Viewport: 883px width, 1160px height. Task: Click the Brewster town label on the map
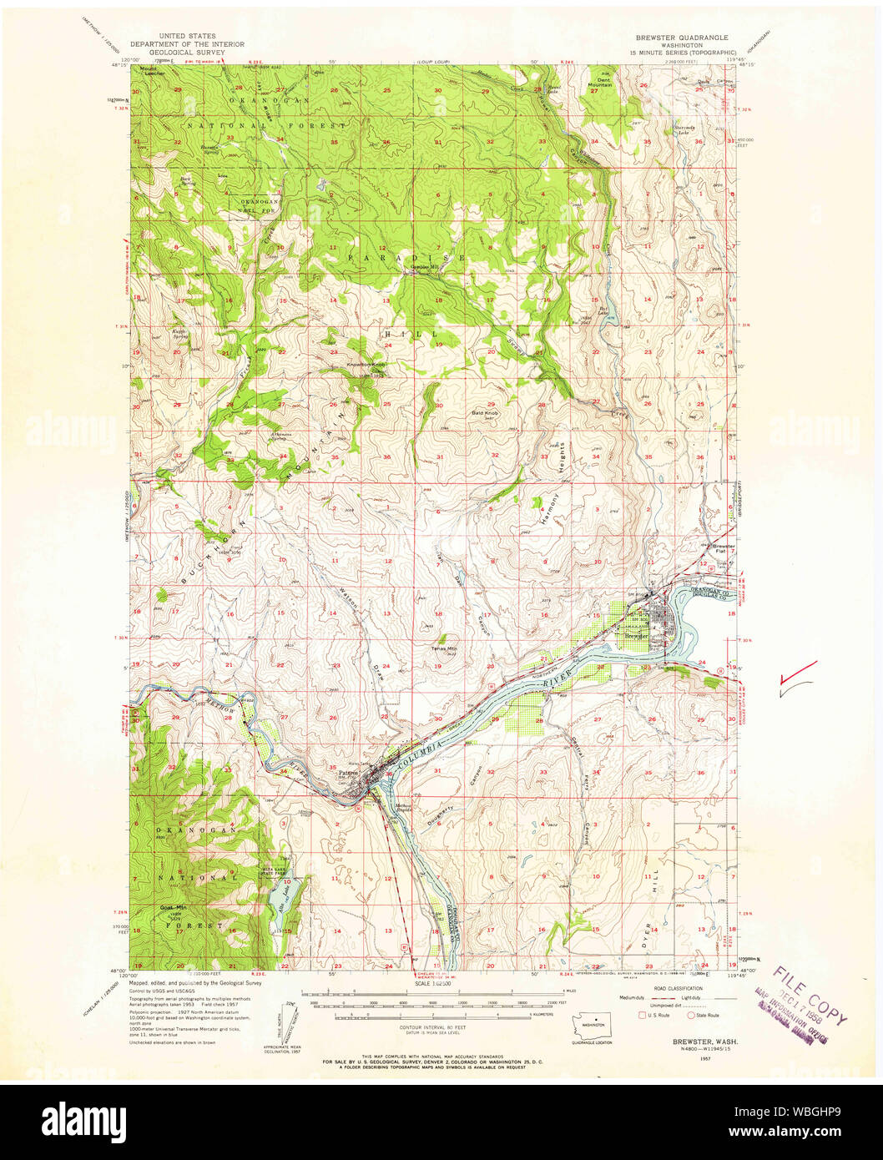(637, 636)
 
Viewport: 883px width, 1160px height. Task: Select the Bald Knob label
(485, 412)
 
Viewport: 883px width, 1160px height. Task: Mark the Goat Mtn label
(174, 908)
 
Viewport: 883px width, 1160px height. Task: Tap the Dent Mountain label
(598, 83)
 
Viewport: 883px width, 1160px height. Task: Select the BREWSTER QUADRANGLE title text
(681, 38)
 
